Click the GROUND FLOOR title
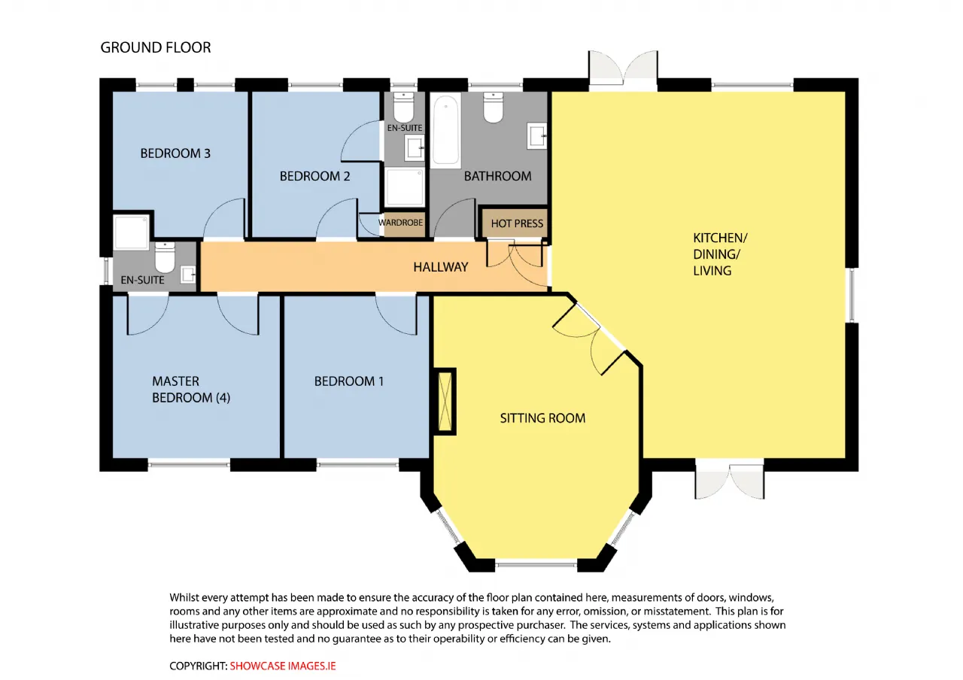pos(156,47)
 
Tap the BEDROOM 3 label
pos(175,153)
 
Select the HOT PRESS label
pos(517,223)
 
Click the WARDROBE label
pos(400,223)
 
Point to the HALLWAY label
pos(441,267)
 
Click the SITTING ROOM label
pos(542,418)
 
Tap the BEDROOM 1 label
pos(348,381)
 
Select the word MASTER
pos(175,381)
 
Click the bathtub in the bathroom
pos(445,129)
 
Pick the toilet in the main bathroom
pos(493,107)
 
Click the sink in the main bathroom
pos(537,135)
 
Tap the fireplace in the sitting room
pos(445,402)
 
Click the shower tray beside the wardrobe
pos(404,187)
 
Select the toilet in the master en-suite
pos(165,257)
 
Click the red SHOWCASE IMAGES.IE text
pos(282,666)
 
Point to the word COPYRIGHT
pos(198,666)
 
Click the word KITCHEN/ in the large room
pos(720,238)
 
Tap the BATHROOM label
pos(497,176)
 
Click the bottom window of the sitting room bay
pos(536,564)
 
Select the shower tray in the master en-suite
pos(132,232)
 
